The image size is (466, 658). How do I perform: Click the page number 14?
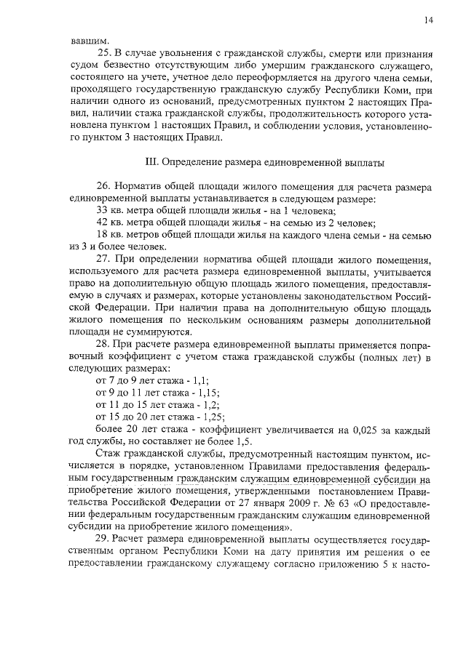click(x=428, y=22)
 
